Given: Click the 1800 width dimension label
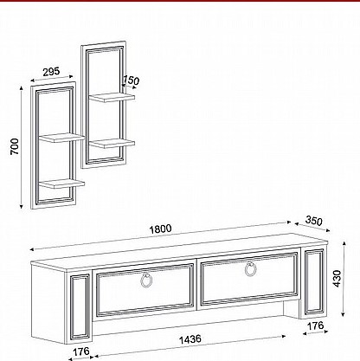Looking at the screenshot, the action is coord(160,229).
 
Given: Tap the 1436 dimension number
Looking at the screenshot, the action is coord(190,339).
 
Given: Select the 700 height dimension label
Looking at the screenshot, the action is coord(14,146).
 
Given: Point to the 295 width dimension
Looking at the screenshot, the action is coord(51,72).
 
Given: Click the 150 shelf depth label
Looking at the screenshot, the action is coord(131,81).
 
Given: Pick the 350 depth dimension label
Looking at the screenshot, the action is coord(313,221).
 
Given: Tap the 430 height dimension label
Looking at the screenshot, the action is coord(337,279).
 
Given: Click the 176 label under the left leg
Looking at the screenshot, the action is coord(80,351).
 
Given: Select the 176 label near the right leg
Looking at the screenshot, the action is coord(315,326).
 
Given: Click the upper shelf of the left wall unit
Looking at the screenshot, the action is coord(61,138).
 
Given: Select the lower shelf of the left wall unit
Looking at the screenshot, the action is coord(61,184).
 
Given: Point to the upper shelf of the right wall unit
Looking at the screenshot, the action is coord(112,97).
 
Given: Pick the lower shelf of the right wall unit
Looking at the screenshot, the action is coord(112,144).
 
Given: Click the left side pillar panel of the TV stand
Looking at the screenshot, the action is coord(80,307).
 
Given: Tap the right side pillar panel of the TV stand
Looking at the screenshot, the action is coord(314,282).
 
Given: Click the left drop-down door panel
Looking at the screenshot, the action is coord(145,290).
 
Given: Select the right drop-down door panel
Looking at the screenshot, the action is coord(249,279).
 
